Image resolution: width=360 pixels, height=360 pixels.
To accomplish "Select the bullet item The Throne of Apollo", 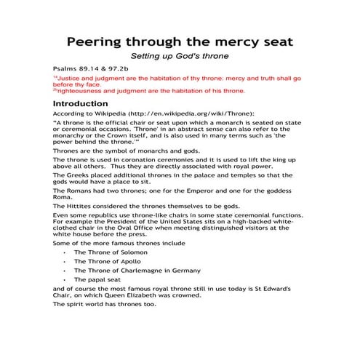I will pyautogui.click(x=112, y=261).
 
